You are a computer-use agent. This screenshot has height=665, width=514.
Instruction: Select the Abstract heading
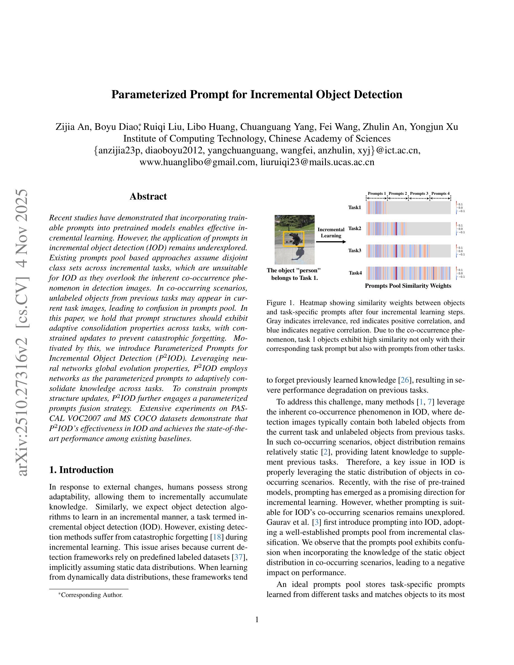click(x=148, y=196)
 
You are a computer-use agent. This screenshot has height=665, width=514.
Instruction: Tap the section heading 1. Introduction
click(x=81, y=470)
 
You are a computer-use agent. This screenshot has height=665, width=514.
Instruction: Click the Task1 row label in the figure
click(x=355, y=207)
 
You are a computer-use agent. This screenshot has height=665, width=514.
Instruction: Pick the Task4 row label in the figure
click(x=355, y=273)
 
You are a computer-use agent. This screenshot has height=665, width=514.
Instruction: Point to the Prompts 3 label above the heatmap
click(x=419, y=193)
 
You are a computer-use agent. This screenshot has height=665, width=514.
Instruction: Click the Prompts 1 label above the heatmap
click(x=377, y=193)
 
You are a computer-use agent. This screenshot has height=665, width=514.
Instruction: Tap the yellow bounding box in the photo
click(x=294, y=239)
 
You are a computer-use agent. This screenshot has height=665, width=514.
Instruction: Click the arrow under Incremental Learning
click(x=331, y=242)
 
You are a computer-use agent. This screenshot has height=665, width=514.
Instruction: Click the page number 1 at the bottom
click(x=257, y=619)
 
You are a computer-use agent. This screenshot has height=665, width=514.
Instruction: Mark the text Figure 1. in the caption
click(x=281, y=303)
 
